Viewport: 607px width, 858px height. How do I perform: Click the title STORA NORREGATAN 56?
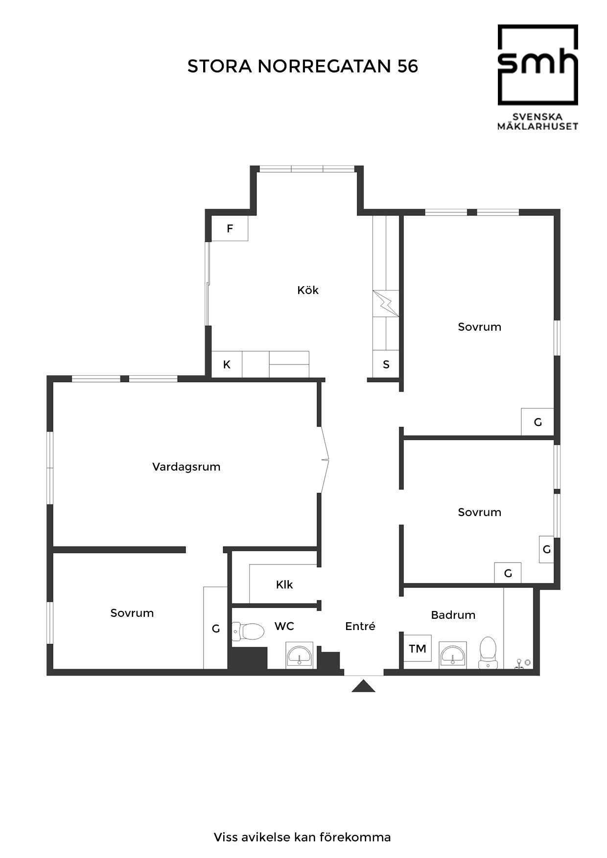coord(303,67)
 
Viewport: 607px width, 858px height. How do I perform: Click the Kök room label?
coord(308,290)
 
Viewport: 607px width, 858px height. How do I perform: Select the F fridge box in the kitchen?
coord(230,228)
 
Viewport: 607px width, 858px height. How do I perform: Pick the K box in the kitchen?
coord(227,364)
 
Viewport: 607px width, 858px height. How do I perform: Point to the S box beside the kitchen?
coord(386,364)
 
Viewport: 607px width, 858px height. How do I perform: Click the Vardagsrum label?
coord(187,467)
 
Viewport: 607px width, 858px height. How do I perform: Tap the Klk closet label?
coord(284,585)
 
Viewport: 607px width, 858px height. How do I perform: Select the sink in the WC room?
coord(299,655)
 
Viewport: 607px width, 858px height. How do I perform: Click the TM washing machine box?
coord(418,649)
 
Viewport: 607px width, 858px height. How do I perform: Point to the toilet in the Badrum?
coord(488,653)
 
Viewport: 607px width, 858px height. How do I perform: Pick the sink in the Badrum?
coord(453,655)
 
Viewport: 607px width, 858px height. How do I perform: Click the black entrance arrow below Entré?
coord(363,686)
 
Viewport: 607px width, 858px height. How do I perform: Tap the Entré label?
coord(360,626)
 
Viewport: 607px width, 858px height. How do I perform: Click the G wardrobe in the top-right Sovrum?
coord(537,422)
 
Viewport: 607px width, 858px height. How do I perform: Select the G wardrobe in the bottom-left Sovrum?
coord(215,628)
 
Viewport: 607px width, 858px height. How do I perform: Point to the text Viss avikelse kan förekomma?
coord(303,837)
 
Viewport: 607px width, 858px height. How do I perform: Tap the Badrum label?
coord(453,615)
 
